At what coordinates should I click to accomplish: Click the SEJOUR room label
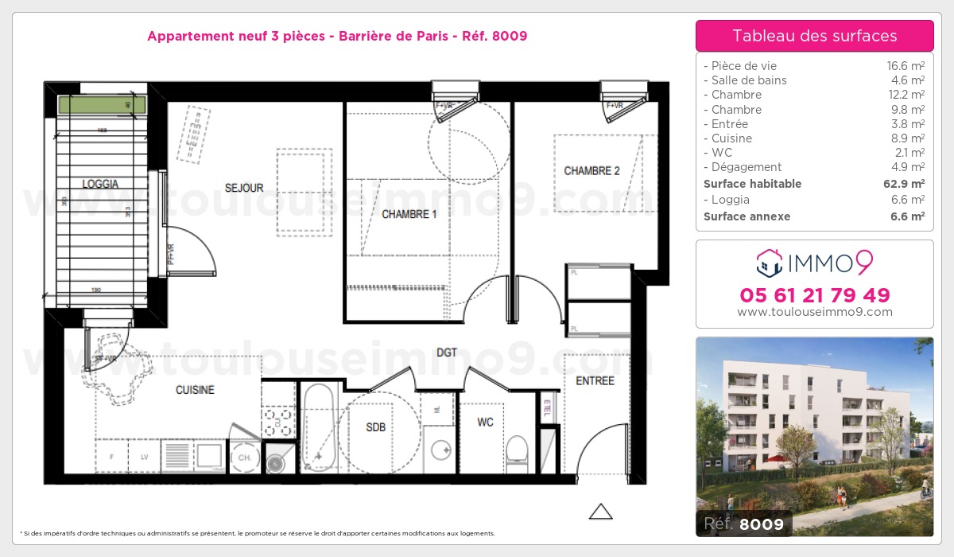[x=244, y=189]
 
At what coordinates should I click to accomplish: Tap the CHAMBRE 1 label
[x=409, y=214]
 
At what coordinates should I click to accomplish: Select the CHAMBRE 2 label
[x=591, y=171]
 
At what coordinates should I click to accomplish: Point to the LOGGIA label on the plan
[x=100, y=184]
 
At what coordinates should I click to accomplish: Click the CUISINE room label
[x=195, y=390]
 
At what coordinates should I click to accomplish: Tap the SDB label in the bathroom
[x=375, y=427]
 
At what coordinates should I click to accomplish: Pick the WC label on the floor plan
[x=485, y=422]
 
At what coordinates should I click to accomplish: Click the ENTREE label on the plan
[x=595, y=381]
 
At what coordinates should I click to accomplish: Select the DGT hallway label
[x=447, y=352]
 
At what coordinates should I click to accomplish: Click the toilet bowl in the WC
[x=517, y=450]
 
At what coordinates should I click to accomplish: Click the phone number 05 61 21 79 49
[x=814, y=295]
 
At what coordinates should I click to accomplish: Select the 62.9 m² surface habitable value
[x=906, y=184]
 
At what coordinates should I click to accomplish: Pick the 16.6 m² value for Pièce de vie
[x=907, y=66]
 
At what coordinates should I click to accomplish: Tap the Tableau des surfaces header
[x=814, y=36]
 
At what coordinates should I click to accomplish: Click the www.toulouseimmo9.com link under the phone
[x=814, y=312]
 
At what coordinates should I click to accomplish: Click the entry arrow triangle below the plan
[x=600, y=512]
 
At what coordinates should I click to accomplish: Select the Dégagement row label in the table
[x=747, y=167]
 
